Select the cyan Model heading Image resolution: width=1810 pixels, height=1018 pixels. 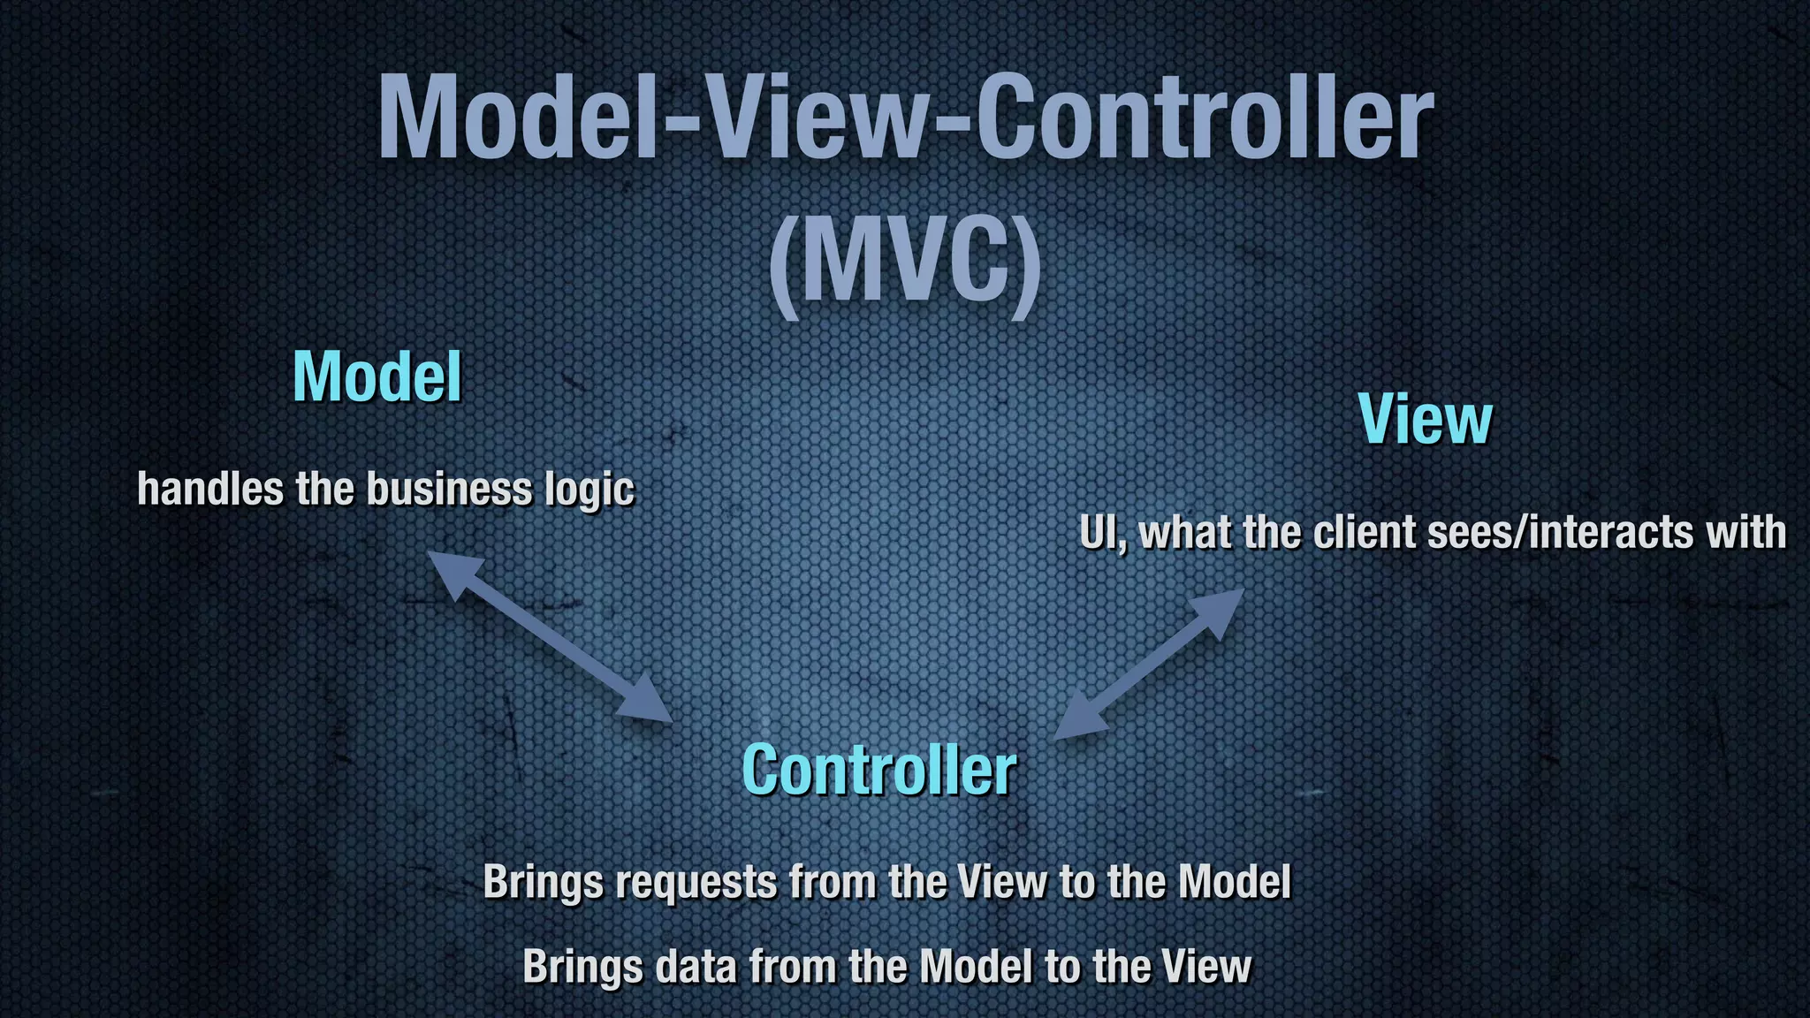(377, 377)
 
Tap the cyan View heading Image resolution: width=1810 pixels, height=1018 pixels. (1425, 419)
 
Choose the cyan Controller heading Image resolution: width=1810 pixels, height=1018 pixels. (879, 771)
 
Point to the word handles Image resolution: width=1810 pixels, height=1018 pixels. (210, 489)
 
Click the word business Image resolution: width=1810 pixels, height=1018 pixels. (449, 489)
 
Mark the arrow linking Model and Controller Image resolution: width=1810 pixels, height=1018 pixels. (550, 637)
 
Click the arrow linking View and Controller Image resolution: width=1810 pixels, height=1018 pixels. (1149, 664)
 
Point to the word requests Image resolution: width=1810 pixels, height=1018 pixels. (696, 882)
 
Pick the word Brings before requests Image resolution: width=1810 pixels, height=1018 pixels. (543, 882)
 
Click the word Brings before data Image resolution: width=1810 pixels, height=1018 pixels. (582, 967)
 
